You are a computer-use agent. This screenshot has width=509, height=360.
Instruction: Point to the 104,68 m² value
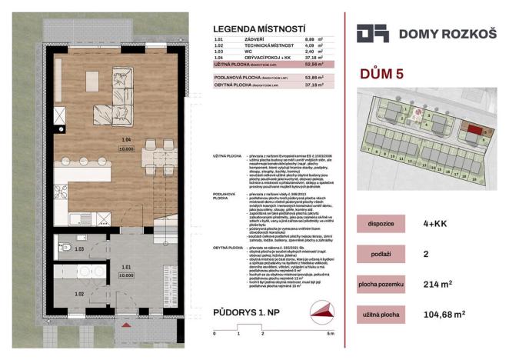tap(460, 315)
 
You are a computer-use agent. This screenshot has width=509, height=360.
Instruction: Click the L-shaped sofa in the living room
tap(122, 92)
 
